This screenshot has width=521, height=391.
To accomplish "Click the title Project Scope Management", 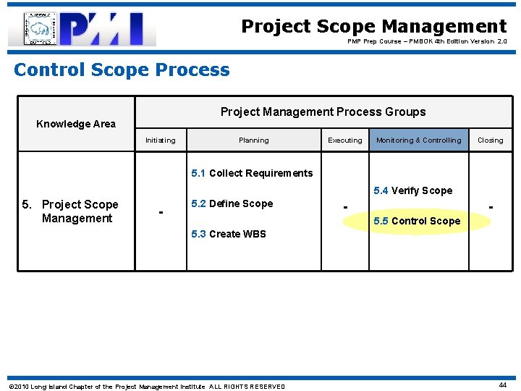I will [373, 27].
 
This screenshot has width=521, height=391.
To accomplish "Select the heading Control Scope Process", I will [122, 70].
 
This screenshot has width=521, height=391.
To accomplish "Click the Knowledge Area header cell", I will [76, 124].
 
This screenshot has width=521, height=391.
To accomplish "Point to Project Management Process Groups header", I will [323, 112].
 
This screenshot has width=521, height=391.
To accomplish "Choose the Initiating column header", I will [160, 140].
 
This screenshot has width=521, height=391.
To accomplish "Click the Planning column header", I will [253, 140].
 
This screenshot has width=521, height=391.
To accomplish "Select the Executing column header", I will [345, 140].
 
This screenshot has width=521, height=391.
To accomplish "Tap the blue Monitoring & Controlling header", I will [418, 140].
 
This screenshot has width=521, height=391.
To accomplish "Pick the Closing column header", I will [490, 140].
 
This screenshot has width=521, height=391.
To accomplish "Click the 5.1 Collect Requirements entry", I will [252, 173].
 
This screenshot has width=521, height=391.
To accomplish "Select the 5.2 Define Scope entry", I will [232, 204].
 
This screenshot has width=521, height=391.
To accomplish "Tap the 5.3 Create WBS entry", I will [228, 234].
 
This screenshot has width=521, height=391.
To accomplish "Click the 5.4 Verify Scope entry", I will [412, 190].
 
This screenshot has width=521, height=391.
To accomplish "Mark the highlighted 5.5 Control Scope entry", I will [417, 221].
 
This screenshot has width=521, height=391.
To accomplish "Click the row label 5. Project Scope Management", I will [71, 211].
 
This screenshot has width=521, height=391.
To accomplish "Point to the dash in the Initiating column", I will [161, 212].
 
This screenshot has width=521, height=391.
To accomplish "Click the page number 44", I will [502, 386].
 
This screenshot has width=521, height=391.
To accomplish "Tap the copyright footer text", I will [146, 387].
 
